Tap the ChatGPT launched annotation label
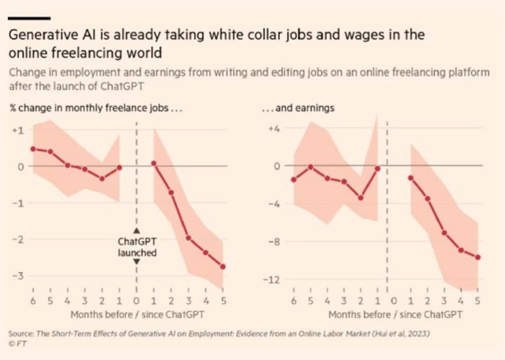tap(136, 247)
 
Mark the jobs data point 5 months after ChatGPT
tap(222, 266)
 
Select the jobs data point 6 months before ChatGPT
tap(32, 149)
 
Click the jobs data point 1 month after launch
tap(154, 163)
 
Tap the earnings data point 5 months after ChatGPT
tap(478, 257)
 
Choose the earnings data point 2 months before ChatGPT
tap(361, 198)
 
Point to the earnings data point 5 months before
tap(310, 167)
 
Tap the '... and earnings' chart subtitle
tap(296, 109)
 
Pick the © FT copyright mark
tap(14, 345)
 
